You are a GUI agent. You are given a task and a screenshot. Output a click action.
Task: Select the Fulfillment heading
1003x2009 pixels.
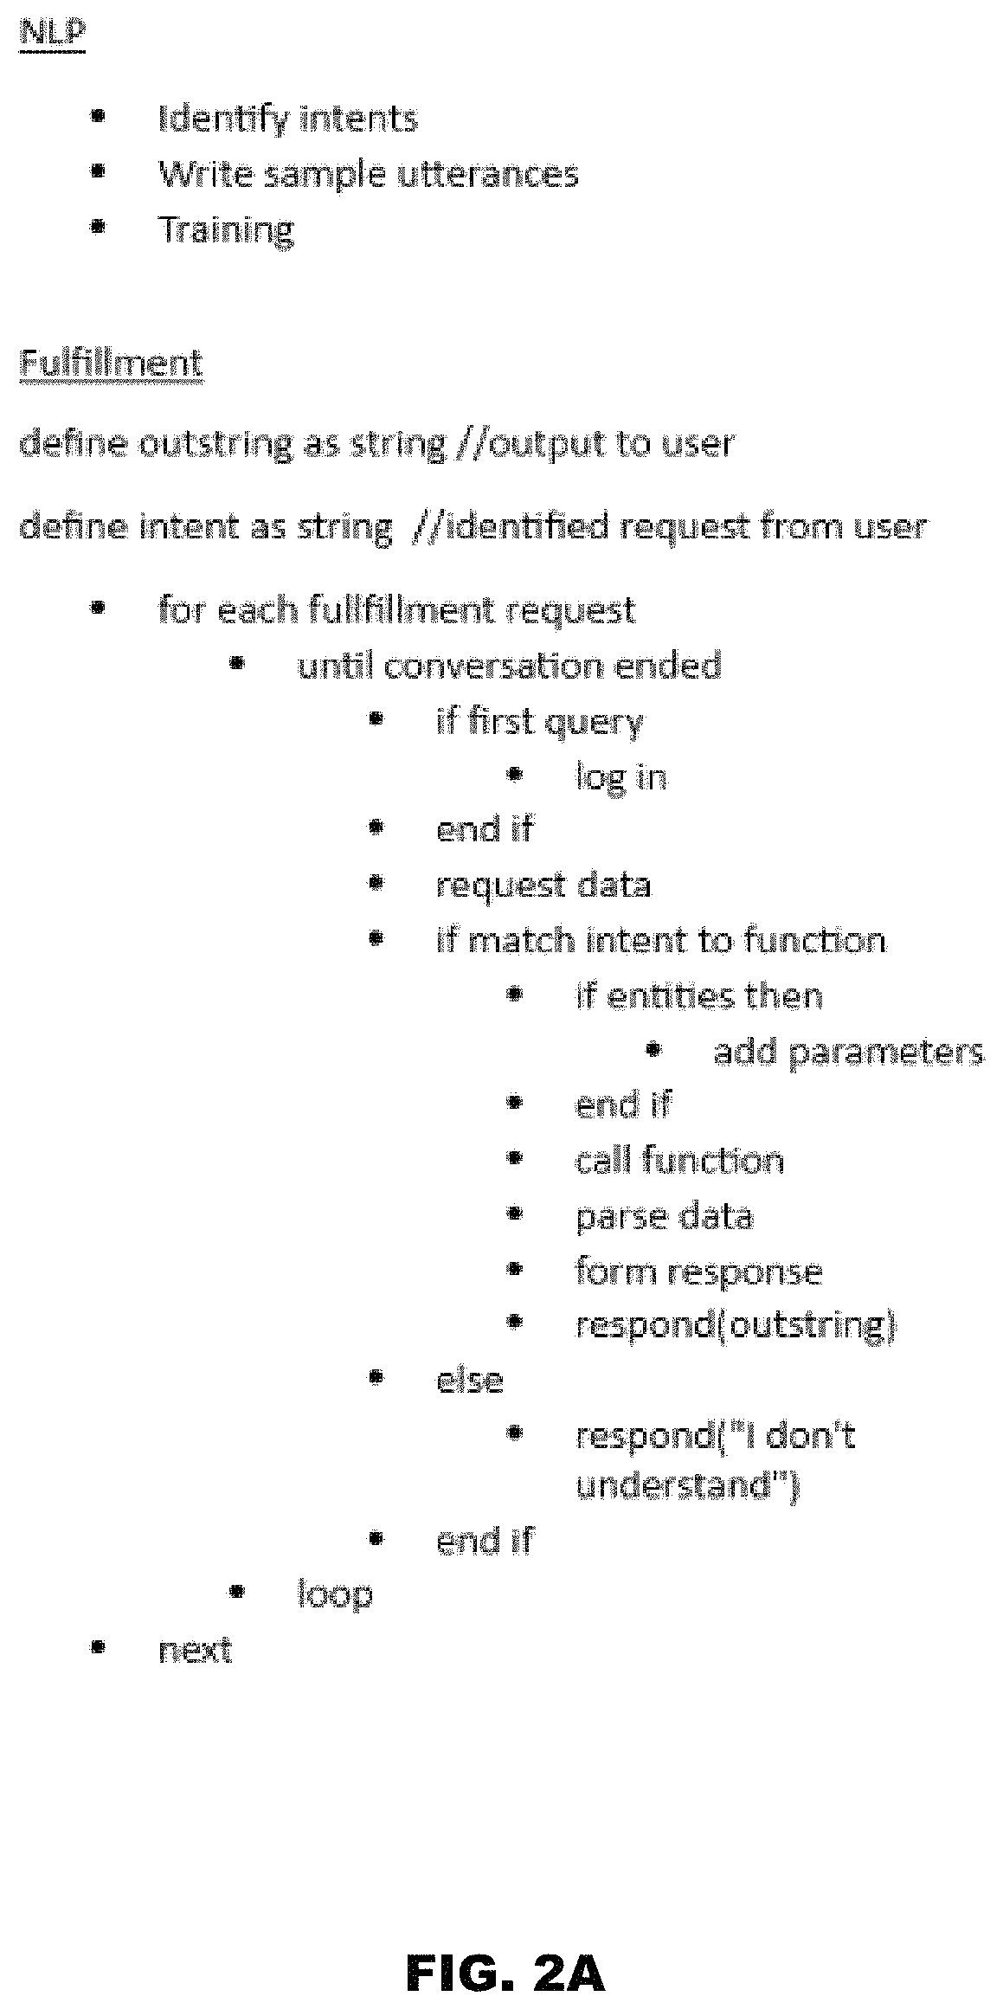pos(112,362)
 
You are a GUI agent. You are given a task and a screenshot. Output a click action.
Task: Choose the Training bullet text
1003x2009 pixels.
pos(226,230)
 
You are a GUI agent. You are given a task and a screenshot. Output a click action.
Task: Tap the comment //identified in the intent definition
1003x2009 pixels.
pos(511,527)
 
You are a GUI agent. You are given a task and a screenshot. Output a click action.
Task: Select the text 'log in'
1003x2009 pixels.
pos(621,777)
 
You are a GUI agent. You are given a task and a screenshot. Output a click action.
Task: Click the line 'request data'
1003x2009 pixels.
pos(543,885)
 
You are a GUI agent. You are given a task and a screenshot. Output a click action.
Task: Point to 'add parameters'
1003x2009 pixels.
pos(849,1052)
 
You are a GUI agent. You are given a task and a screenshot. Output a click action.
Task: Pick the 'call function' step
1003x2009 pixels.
pos(680,1161)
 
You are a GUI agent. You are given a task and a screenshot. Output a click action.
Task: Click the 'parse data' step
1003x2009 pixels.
pos(665,1217)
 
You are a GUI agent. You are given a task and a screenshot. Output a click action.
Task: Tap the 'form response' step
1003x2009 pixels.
pos(699,1272)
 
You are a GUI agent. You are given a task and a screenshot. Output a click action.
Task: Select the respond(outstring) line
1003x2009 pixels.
pos(736,1326)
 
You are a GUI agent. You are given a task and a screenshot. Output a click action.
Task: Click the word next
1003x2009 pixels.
pos(196,1650)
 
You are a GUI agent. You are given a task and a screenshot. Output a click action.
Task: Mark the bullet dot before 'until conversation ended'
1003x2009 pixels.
pos(236,664)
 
